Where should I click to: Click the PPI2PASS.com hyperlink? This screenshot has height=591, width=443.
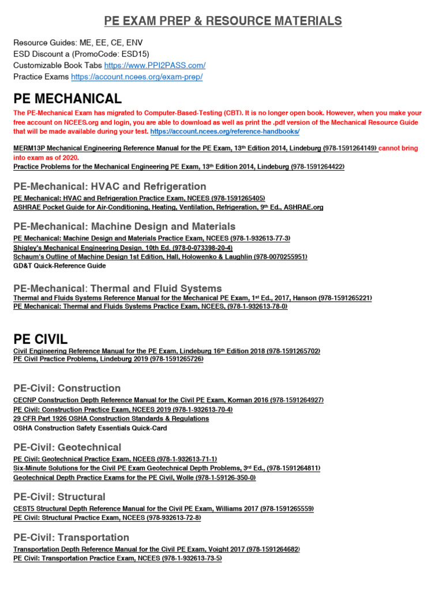(155, 65)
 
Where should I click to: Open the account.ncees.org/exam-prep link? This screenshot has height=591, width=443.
(137, 77)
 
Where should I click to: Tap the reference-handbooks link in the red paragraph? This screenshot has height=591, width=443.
(224, 132)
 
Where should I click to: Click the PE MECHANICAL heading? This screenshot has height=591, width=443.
(67, 99)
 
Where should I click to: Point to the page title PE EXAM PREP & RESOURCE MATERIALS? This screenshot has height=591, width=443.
(223, 21)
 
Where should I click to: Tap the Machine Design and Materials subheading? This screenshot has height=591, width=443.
(124, 226)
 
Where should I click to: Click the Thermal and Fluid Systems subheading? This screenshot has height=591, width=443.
(117, 288)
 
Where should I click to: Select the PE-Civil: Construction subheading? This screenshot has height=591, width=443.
(67, 388)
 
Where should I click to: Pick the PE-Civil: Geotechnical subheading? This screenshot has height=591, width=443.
(67, 447)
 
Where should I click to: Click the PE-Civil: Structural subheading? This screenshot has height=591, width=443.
(59, 497)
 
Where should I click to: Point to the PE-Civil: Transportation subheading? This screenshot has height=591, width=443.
(71, 537)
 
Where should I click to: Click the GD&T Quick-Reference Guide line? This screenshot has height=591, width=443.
(59, 266)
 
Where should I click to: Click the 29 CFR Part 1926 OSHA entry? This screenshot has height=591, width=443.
(111, 418)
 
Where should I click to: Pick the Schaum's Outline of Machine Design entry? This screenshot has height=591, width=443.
(160, 256)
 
